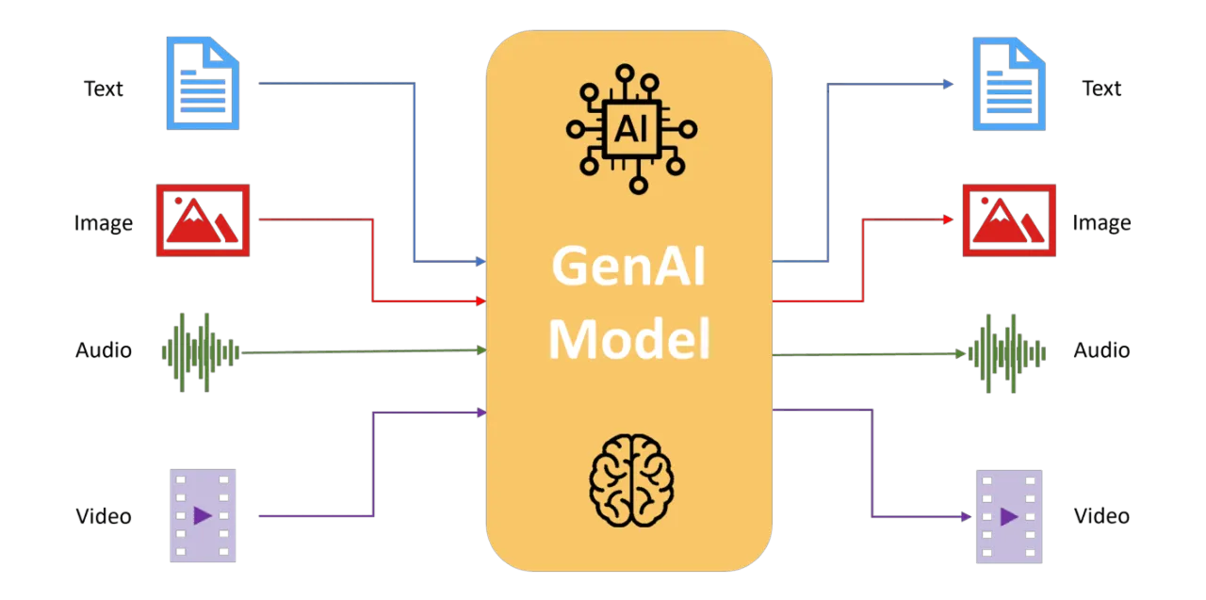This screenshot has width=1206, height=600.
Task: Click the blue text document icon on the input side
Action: pyautogui.click(x=203, y=83)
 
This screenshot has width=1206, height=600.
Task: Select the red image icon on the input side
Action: pyautogui.click(x=203, y=219)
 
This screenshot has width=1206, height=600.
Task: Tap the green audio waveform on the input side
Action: pyautogui.click(x=199, y=351)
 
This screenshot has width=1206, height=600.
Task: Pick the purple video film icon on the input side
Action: pyautogui.click(x=203, y=515)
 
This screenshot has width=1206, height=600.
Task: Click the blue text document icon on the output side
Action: pyautogui.click(x=1009, y=83)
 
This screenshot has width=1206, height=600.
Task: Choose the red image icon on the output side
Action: pyautogui.click(x=1009, y=219)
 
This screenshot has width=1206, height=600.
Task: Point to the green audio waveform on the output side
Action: pyautogui.click(x=1009, y=352)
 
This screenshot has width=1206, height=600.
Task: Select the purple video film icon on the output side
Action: pyautogui.click(x=1008, y=515)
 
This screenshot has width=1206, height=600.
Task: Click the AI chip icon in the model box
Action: pyautogui.click(x=629, y=129)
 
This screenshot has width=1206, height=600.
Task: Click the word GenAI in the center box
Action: pyautogui.click(x=628, y=267)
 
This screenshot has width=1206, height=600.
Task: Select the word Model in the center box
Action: pyautogui.click(x=628, y=339)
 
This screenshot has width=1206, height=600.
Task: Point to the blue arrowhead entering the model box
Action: pyautogui.click(x=481, y=261)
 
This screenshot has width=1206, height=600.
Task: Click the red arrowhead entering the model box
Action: pyautogui.click(x=481, y=301)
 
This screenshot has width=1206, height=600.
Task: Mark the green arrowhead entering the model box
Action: pyautogui.click(x=481, y=349)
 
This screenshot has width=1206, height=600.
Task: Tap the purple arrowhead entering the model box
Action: pyautogui.click(x=481, y=412)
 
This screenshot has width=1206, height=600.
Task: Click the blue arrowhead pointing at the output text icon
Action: pyautogui.click(x=951, y=84)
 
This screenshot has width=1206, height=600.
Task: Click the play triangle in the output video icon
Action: pyautogui.click(x=1009, y=516)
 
